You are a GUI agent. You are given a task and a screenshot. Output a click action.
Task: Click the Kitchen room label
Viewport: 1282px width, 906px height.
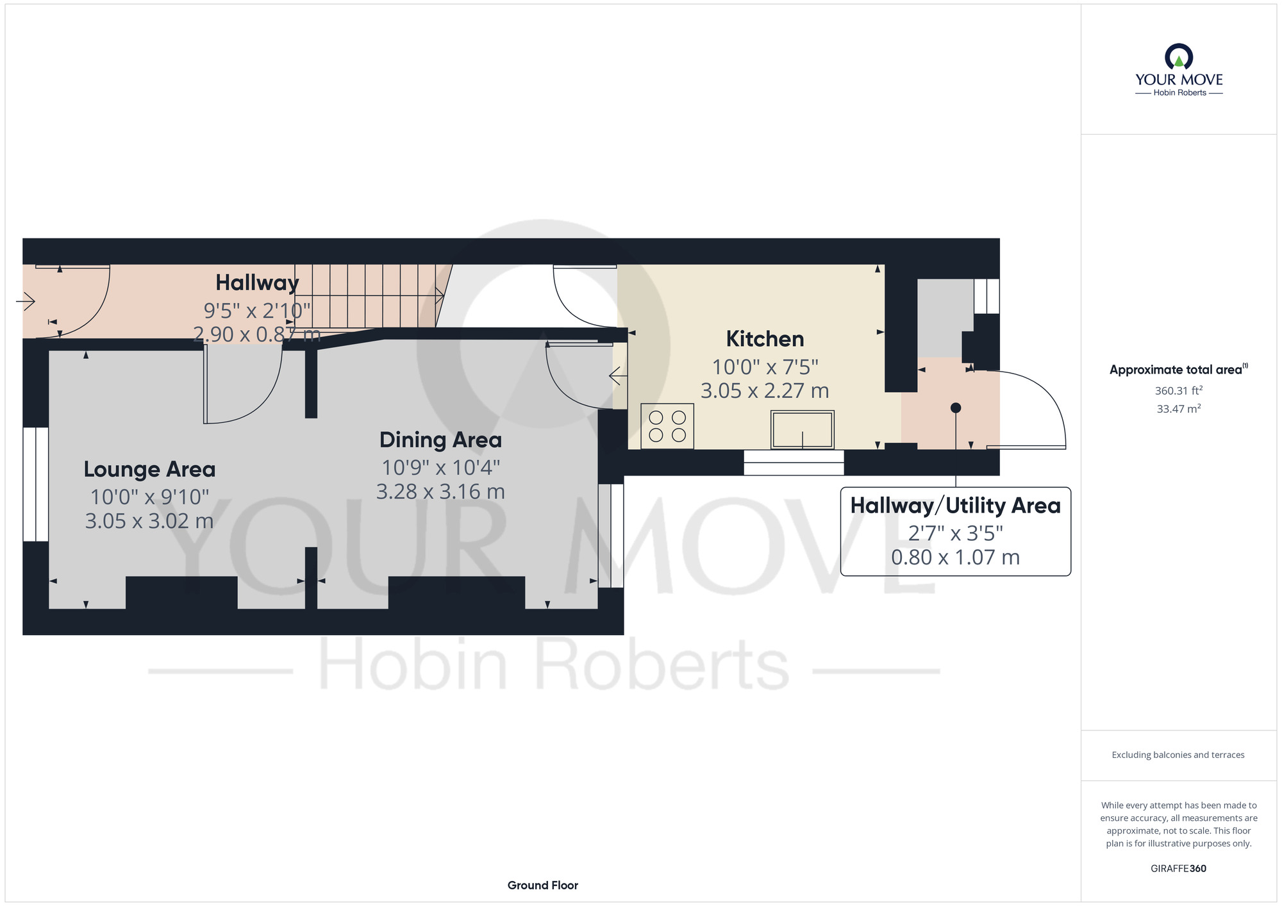[765, 339]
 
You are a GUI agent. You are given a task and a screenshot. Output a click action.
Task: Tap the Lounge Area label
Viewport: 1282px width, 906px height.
[149, 470]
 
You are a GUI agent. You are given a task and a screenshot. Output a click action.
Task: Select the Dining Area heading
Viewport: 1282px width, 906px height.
[440, 440]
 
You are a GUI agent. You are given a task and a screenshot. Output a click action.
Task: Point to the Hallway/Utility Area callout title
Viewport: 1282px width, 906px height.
[955, 506]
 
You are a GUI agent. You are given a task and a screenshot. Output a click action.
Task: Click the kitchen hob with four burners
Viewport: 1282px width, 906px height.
[667, 426]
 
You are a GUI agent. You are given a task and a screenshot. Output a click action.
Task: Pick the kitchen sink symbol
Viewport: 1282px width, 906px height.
[803, 429]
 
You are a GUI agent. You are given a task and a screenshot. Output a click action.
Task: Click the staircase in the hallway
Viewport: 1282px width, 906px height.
[369, 296]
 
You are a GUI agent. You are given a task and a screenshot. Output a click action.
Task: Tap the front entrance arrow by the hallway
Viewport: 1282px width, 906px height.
[26, 301]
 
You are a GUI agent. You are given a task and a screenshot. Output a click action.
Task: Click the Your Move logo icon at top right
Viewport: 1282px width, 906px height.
[1179, 56]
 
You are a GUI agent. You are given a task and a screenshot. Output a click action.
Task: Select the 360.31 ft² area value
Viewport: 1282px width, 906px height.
[1179, 390]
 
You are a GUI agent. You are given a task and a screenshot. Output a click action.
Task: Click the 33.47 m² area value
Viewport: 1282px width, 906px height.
[1179, 409]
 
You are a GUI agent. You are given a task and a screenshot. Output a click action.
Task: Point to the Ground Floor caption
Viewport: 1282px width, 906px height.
[543, 885]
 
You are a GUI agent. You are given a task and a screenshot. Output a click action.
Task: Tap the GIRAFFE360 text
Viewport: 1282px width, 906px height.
[1178, 869]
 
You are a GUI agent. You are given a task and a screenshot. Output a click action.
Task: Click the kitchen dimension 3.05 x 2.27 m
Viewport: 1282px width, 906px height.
[765, 391]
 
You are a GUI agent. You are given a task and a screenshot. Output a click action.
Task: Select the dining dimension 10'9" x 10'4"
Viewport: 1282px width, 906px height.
[440, 468]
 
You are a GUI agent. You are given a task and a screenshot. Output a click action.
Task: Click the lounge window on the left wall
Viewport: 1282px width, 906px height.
[36, 484]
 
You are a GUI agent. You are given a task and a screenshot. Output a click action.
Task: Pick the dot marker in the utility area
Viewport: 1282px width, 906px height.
[956, 408]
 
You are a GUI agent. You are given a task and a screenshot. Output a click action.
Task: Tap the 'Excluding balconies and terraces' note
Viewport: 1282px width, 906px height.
[1178, 755]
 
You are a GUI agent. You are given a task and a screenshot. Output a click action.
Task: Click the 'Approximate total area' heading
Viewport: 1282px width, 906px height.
[1179, 370]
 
